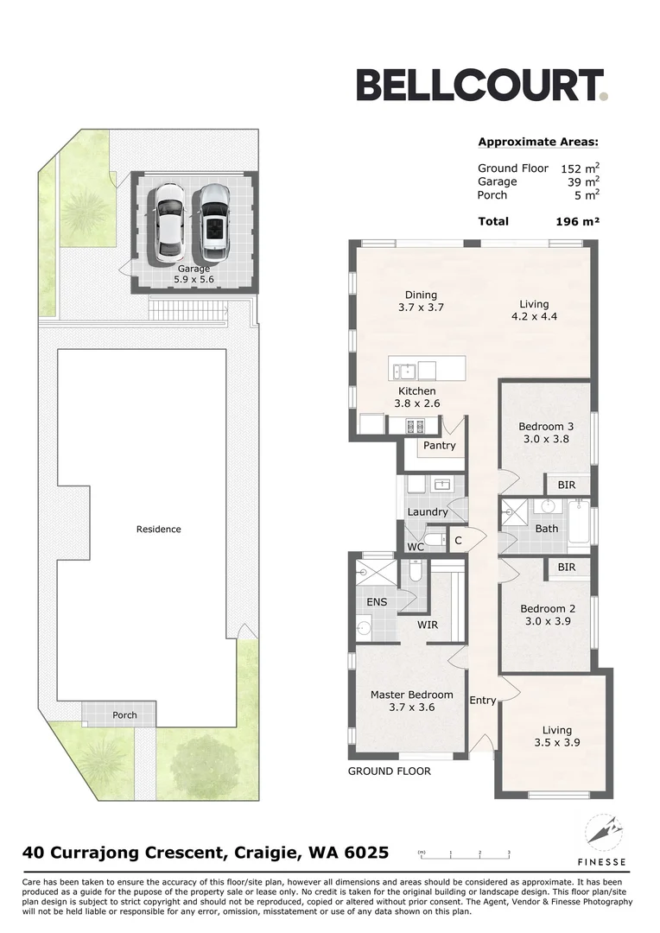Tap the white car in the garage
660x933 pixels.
coord(169,223)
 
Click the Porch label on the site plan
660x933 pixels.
coord(124,715)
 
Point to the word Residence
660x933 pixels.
coord(159,529)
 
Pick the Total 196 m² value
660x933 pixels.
coord(577,222)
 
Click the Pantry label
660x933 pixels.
coord(440,446)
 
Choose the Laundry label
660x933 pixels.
coord(428,511)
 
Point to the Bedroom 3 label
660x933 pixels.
coord(546,432)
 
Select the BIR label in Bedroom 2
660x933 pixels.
coord(566,567)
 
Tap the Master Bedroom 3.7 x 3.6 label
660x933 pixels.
coord(411,701)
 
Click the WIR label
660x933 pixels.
coord(428,623)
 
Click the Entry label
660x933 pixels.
coord(483,700)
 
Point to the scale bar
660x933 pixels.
coord(464,853)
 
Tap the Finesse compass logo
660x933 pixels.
coord(601,835)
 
